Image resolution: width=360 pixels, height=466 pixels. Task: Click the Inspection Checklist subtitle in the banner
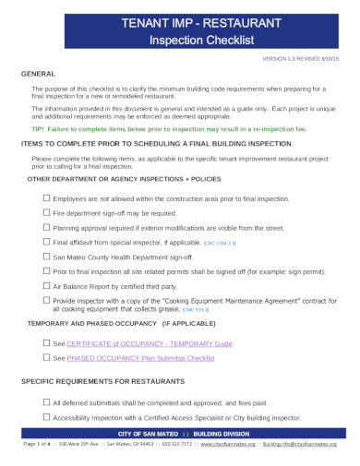pos(179,41)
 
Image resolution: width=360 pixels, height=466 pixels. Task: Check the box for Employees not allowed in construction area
pos(46,198)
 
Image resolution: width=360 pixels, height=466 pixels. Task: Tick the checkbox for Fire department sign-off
pos(46,212)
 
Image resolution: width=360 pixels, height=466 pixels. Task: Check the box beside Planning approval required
pos(46,226)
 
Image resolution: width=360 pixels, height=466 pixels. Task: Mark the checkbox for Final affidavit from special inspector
pos(46,241)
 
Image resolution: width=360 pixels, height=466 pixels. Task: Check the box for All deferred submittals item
pos(46,402)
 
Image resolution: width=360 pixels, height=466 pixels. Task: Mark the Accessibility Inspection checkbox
pos(46,417)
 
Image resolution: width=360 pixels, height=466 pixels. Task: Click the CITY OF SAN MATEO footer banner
pos(178,433)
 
